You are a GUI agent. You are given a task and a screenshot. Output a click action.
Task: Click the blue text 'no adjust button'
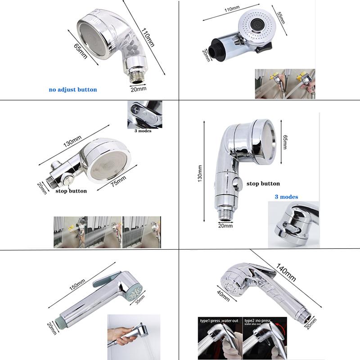pos(72,90)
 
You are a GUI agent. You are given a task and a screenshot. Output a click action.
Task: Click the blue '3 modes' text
pos(286,197)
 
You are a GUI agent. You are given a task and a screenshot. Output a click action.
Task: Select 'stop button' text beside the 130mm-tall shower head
pos(263,184)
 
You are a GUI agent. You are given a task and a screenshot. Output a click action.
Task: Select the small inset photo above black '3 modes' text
pos(142,114)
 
